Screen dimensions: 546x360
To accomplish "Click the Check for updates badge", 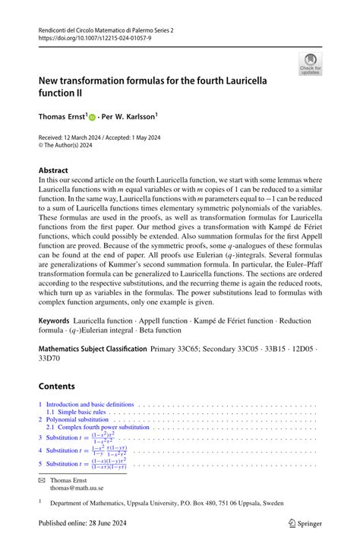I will pos(310,63).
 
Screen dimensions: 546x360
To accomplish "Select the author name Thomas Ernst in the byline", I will pos(65,117).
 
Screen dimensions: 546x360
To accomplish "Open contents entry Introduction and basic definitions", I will pos(90,405).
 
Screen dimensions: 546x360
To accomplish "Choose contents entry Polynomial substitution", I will pos(77,420).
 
